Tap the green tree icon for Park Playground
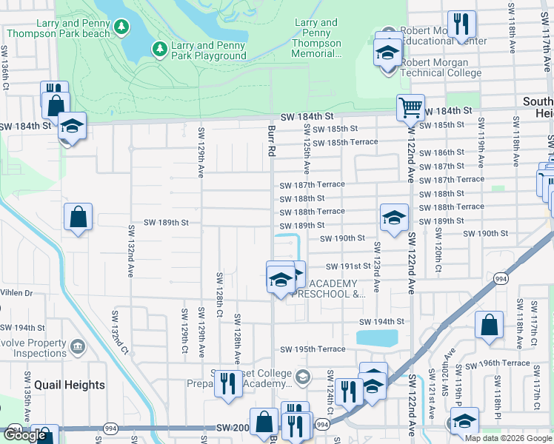tap(158, 50)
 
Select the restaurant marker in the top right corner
tap(461, 24)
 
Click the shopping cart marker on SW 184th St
tap(410, 108)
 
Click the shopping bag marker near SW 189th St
tap(78, 218)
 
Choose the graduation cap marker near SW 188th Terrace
tap(394, 218)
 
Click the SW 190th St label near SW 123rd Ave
tap(342, 238)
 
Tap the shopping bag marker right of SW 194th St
tap(489, 326)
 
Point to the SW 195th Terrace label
tap(313, 349)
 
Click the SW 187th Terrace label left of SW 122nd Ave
tap(312, 184)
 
